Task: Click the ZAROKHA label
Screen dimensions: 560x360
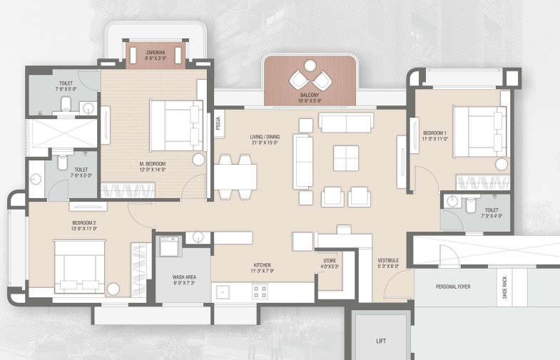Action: click(156, 53)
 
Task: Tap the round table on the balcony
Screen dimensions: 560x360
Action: click(310, 66)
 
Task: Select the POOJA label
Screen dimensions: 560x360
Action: click(218, 123)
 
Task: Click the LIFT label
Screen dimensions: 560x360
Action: click(381, 341)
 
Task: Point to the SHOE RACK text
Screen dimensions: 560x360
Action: click(504, 287)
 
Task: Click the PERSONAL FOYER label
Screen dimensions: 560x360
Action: click(453, 287)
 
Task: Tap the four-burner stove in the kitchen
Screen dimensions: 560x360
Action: click(260, 292)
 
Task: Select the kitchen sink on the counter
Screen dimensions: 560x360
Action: click(223, 292)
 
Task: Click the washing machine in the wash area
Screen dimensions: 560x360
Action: click(169, 245)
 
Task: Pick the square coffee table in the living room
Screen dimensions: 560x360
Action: click(346, 158)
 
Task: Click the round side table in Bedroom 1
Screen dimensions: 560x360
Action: click(502, 165)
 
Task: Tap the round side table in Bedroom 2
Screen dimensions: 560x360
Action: click(113, 289)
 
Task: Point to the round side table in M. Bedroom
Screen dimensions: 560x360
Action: click(198, 160)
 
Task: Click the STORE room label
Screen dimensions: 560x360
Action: click(330, 261)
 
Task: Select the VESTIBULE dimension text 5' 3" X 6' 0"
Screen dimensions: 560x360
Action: click(388, 266)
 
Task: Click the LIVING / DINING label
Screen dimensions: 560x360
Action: click(265, 137)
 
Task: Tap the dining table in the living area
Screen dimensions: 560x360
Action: click(235, 177)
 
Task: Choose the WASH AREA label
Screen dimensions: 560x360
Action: click(184, 277)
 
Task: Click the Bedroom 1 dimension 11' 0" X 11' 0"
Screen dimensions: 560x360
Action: click(434, 139)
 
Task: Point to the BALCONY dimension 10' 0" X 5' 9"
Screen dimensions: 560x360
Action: click(310, 101)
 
